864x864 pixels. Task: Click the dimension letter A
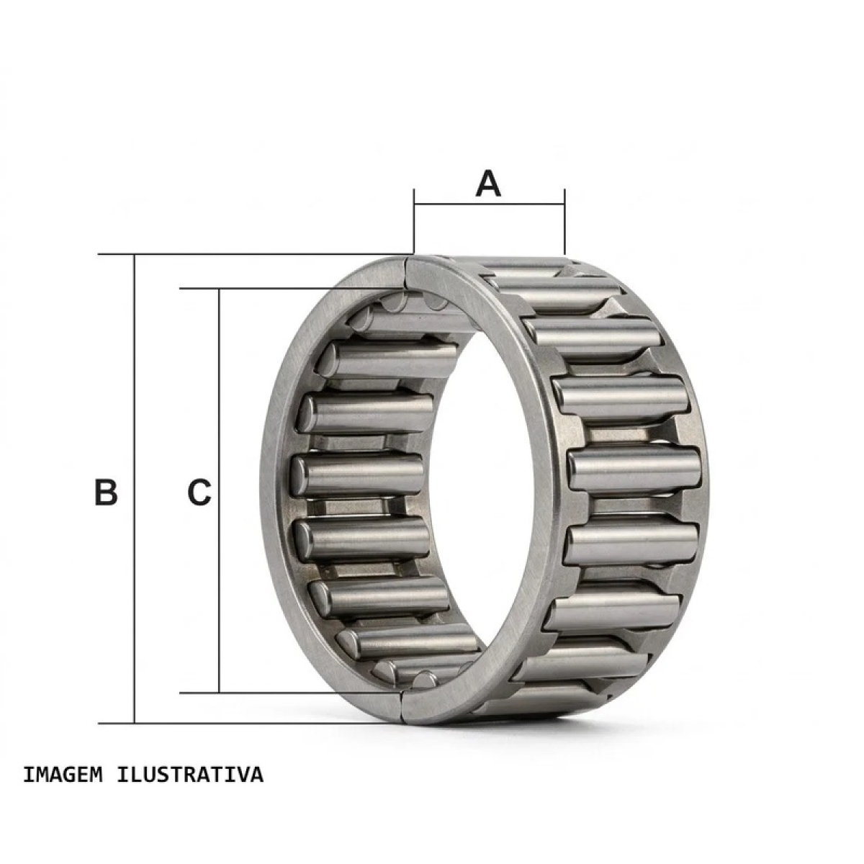488,184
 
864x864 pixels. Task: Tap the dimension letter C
199,492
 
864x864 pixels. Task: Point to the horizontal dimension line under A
489,204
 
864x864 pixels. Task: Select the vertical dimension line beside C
220,490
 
